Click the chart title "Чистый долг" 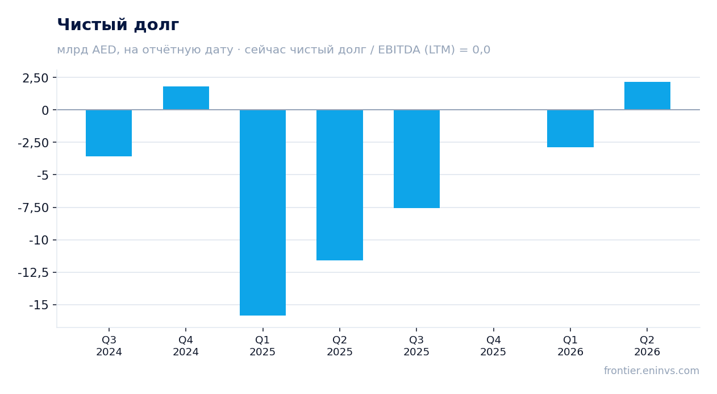point(118,25)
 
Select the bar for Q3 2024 point(109,133)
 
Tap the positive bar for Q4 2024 point(186,98)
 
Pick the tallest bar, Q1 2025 point(263,213)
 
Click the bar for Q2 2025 point(340,185)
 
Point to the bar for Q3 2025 point(417,159)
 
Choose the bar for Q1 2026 point(570,128)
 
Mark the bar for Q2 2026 point(647,96)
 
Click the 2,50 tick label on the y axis point(35,78)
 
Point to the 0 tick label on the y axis point(45,110)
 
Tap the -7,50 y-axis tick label point(34,208)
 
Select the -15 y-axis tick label point(39,305)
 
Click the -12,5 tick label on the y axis point(34,273)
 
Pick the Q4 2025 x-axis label point(493,346)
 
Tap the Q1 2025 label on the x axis point(262,346)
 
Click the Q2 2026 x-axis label point(647,346)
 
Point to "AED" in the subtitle point(104,50)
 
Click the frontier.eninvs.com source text point(652,371)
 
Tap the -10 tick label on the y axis point(39,240)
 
